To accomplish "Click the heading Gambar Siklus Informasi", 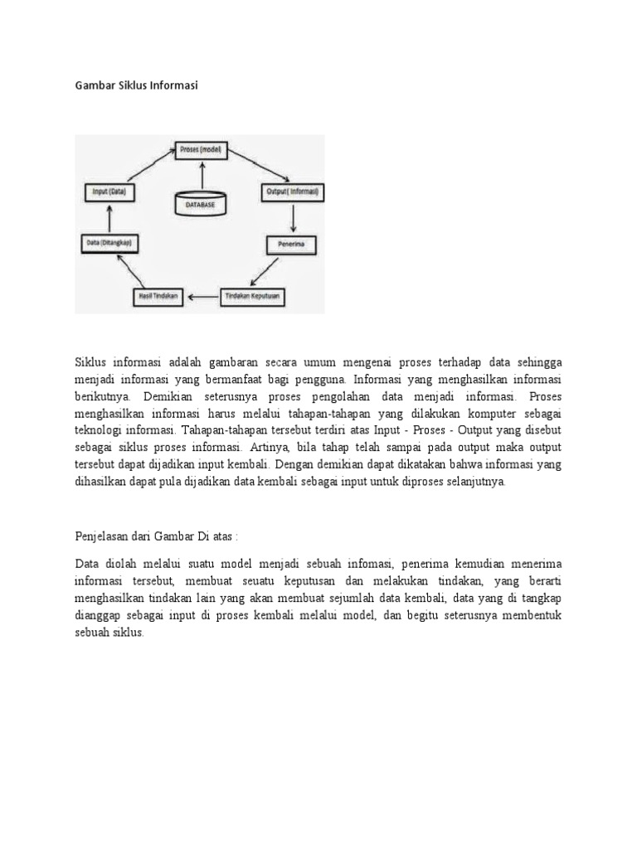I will click(x=137, y=85).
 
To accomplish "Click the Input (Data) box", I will click(x=109, y=192).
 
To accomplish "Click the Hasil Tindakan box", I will click(x=157, y=295).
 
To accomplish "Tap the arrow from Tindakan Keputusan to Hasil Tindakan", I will click(x=204, y=295).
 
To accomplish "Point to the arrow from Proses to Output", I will click(x=261, y=167).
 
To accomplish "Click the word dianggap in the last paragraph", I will click(x=98, y=616).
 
